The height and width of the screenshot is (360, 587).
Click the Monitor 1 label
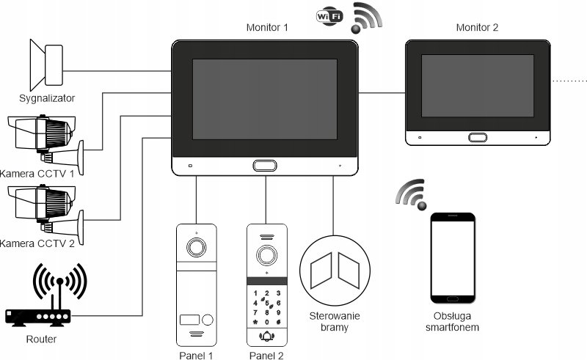click(266, 28)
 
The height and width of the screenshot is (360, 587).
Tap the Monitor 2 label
click(477, 28)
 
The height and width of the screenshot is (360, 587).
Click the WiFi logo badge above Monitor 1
click(329, 16)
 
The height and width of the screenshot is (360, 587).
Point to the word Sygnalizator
click(47, 98)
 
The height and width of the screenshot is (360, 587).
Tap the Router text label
click(41, 339)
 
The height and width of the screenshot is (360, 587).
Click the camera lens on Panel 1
click(197, 248)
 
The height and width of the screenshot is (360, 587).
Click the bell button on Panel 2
click(266, 337)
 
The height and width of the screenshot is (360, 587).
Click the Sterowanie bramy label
click(334, 322)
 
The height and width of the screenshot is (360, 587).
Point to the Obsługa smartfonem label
click(453, 323)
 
